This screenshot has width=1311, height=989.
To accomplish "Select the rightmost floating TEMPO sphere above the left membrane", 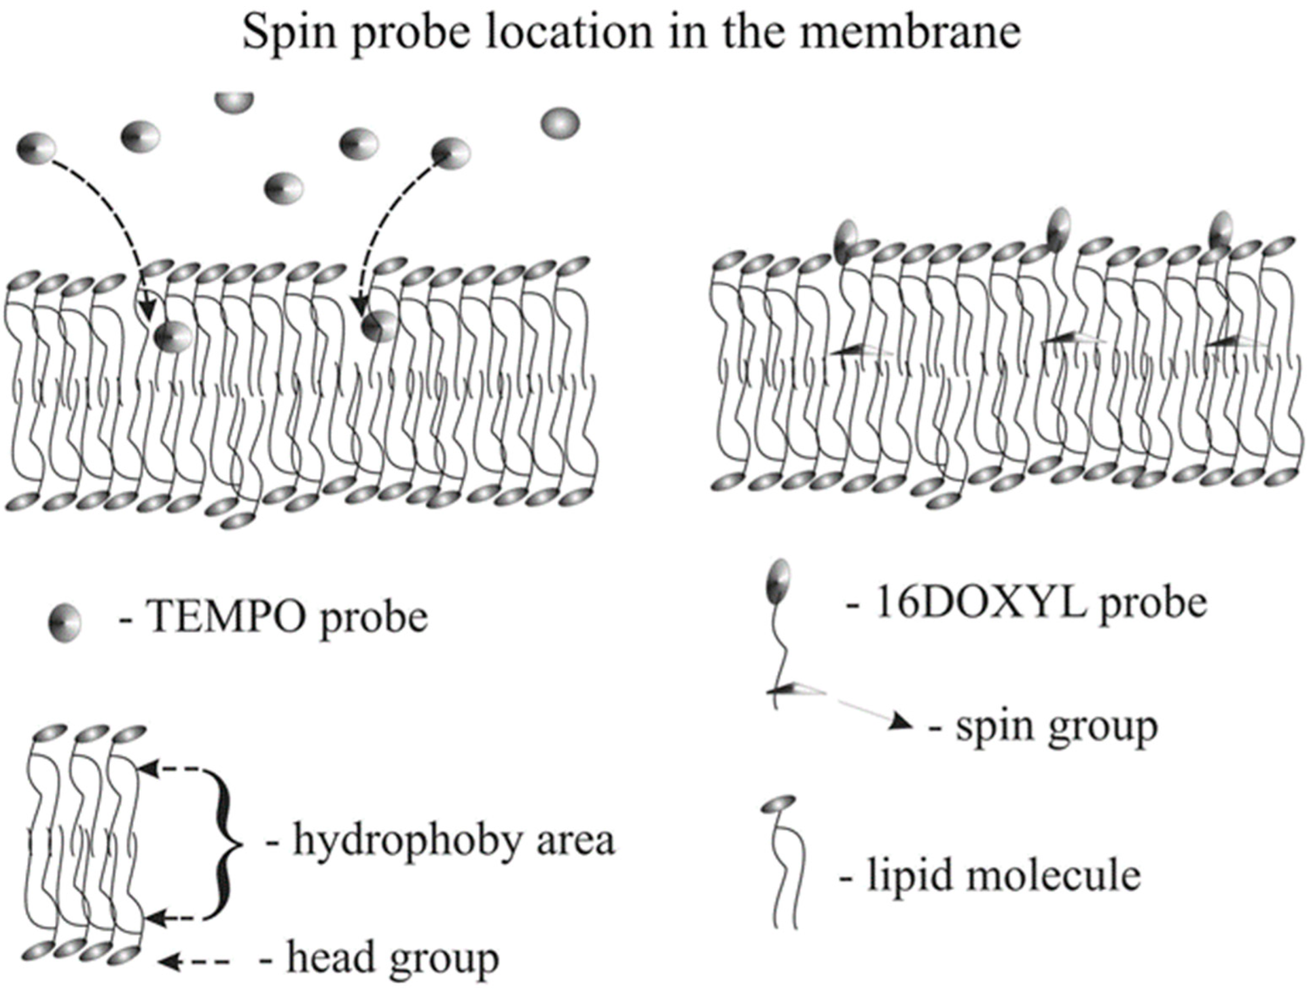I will pos(560,124).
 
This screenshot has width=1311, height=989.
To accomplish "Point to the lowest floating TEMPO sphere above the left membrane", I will pos(283,189).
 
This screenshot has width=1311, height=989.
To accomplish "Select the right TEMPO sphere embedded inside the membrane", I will pos(379,326).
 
